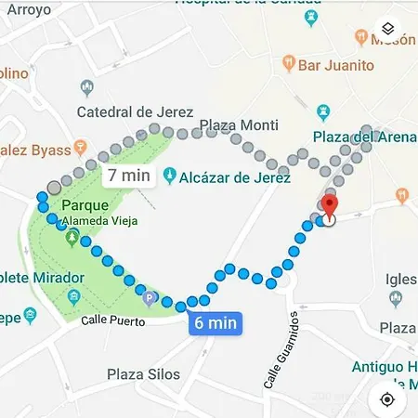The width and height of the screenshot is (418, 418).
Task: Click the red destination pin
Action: point(329,206)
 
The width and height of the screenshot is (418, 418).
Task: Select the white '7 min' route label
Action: point(126,175)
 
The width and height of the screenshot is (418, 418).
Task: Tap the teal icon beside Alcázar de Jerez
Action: point(170,176)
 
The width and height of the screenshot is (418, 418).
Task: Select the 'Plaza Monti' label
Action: point(239,125)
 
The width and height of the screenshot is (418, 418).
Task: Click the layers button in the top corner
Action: point(387,30)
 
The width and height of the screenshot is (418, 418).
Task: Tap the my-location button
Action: point(387,398)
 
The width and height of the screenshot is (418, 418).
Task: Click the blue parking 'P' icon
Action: point(150,298)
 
